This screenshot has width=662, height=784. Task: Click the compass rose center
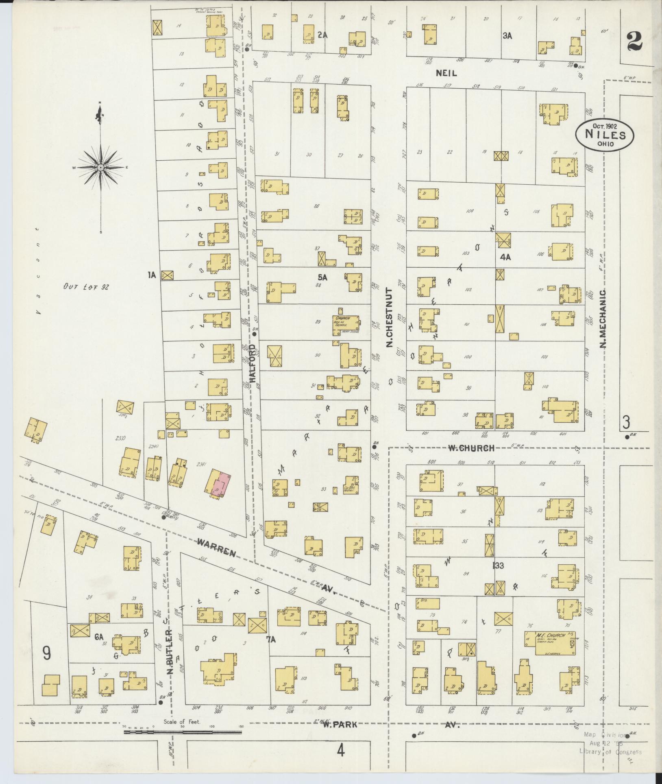(x=100, y=167)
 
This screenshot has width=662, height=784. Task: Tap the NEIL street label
(x=446, y=73)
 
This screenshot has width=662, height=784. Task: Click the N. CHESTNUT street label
(x=389, y=318)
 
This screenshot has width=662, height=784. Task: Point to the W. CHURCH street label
(x=471, y=448)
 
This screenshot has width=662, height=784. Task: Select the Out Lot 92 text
(x=86, y=286)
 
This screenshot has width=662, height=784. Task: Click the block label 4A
(x=505, y=257)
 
